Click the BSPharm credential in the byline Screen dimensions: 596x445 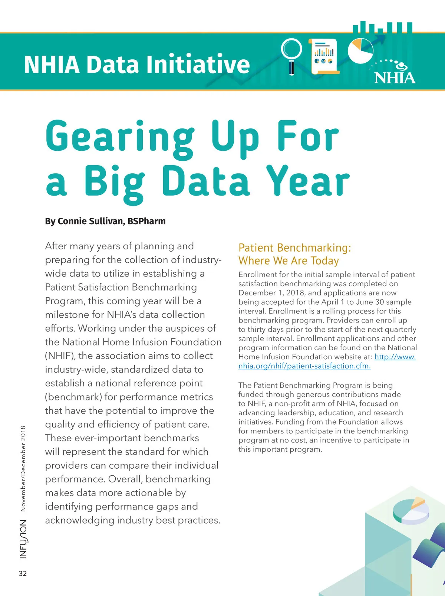pyautogui.click(x=146, y=221)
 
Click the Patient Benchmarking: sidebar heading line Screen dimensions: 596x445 pyautogui.click(x=294, y=248)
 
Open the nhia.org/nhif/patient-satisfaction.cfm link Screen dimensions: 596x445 pyautogui.click(x=304, y=366)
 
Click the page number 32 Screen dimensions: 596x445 pyautogui.click(x=23, y=573)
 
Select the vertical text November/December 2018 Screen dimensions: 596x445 pyautogui.click(x=23, y=468)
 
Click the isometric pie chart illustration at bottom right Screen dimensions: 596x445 pyautogui.click(x=411, y=511)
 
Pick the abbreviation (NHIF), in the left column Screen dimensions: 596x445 pyautogui.click(x=60, y=356)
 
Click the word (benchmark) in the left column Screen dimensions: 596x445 pyautogui.click(x=73, y=397)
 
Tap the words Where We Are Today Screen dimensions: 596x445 pyautogui.click(x=289, y=261)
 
